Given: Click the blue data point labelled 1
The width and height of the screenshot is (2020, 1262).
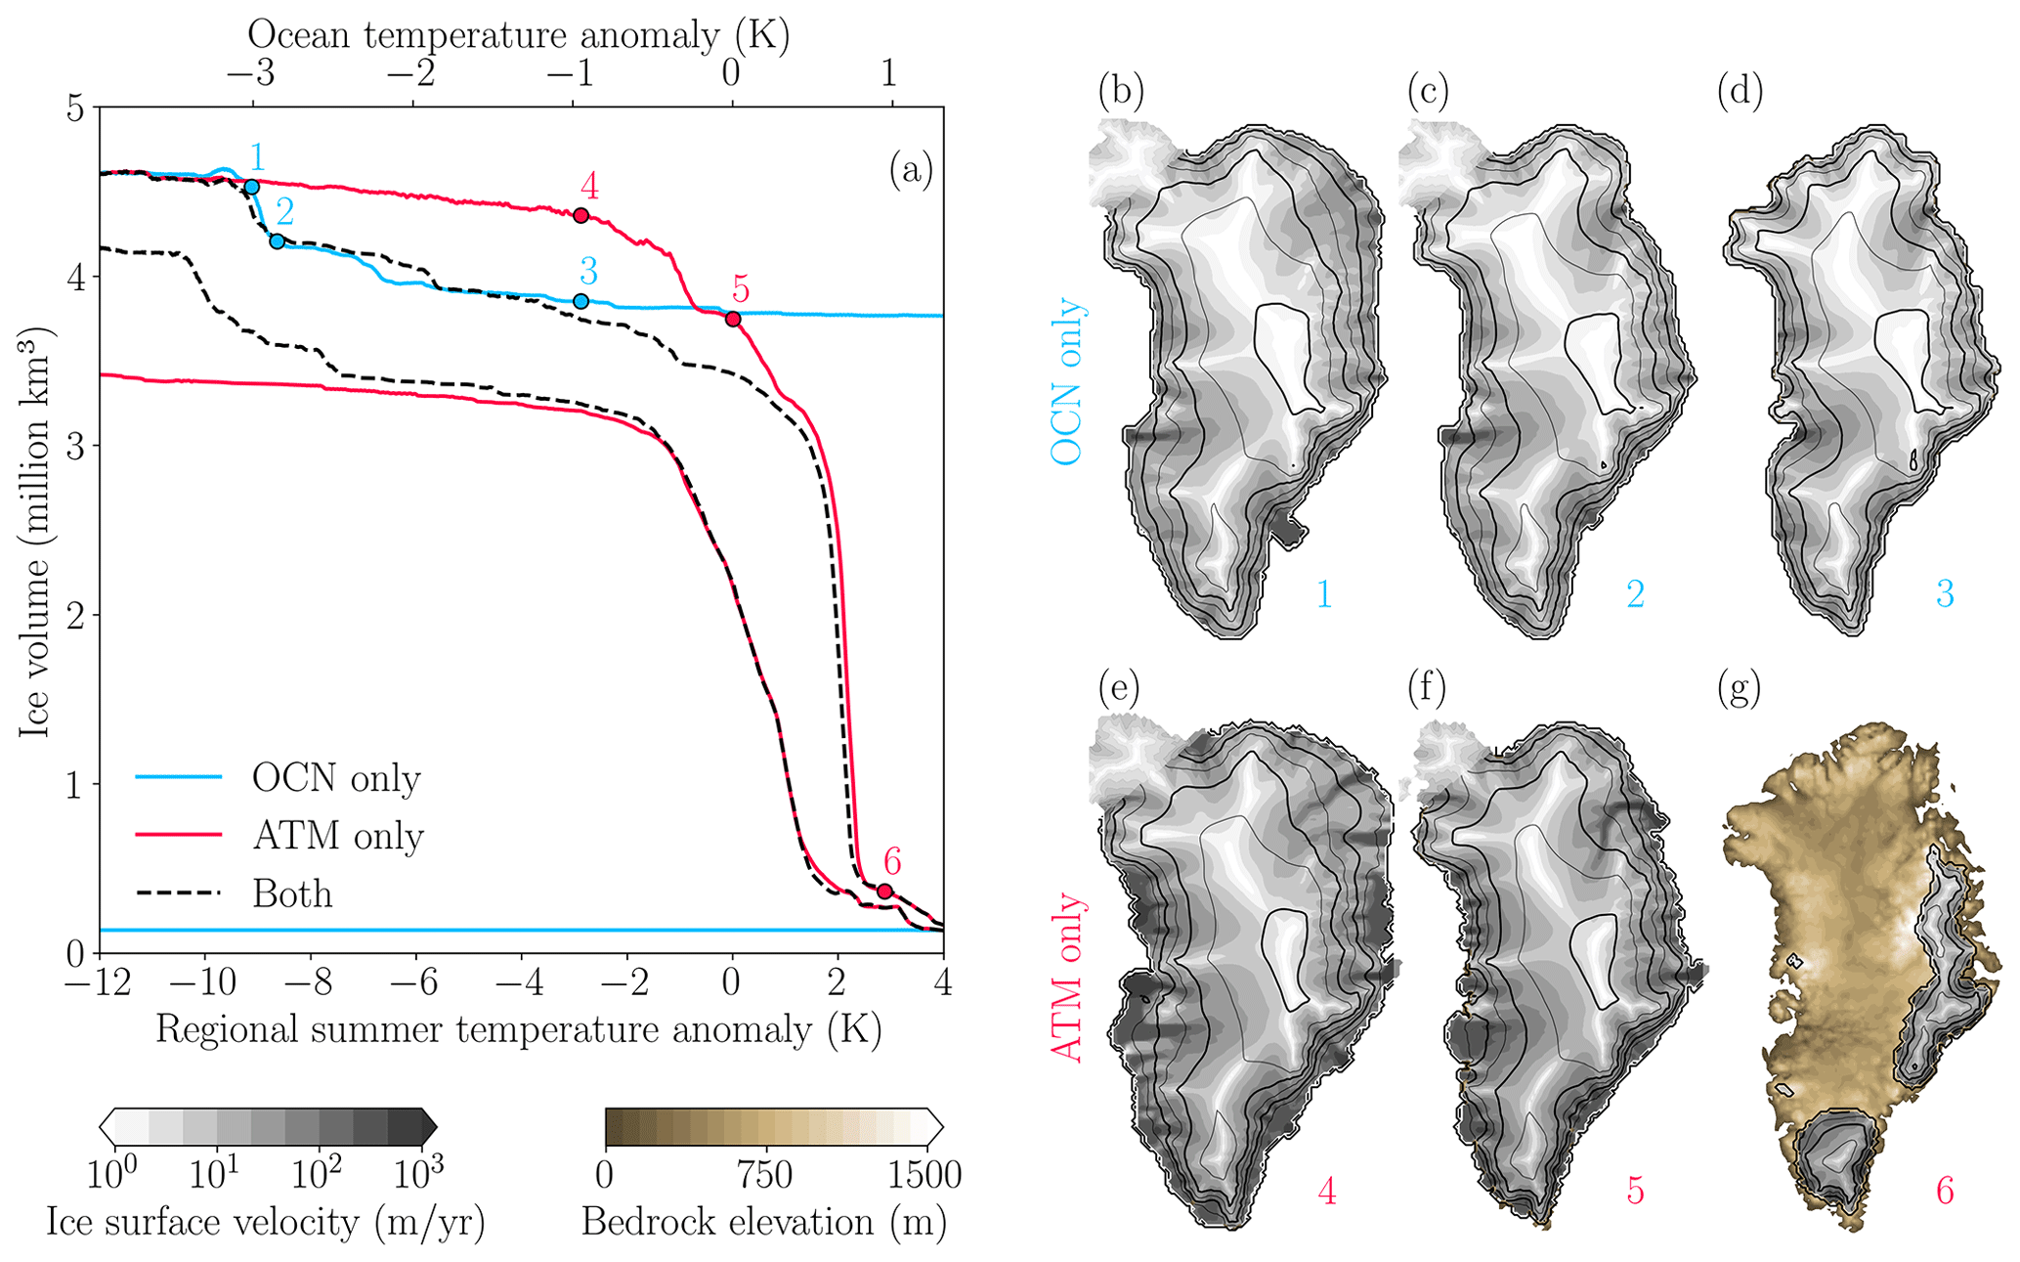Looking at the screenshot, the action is (x=251, y=187).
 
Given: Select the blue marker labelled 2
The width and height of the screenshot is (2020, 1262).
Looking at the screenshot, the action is (x=278, y=241).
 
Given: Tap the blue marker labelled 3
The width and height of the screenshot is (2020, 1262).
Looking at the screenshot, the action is (x=580, y=301).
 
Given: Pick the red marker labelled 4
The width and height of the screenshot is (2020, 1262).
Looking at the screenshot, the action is (x=580, y=215).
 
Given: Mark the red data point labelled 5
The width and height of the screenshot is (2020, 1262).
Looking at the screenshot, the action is (x=733, y=319).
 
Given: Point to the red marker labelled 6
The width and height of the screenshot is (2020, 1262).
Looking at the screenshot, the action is (x=885, y=891).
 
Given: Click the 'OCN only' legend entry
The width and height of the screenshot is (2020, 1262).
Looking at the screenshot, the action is (x=279, y=778).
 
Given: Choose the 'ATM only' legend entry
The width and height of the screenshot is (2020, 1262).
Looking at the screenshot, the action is (x=279, y=836).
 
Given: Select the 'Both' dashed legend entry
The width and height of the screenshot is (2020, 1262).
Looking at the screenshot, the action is (x=235, y=893).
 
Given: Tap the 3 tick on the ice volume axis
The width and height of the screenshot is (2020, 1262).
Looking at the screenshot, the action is (x=75, y=446).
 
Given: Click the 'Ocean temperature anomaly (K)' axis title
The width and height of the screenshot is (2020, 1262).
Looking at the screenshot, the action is (x=519, y=34).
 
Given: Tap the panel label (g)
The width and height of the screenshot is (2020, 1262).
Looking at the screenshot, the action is (x=1739, y=688).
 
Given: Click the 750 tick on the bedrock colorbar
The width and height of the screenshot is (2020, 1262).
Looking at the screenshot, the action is (x=764, y=1174).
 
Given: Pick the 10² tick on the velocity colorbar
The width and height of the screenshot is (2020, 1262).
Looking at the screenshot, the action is (x=316, y=1172).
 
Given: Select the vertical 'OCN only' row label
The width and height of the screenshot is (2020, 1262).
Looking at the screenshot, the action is (x=1066, y=381).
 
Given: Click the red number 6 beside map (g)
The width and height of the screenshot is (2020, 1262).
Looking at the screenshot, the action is (x=1945, y=1192).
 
